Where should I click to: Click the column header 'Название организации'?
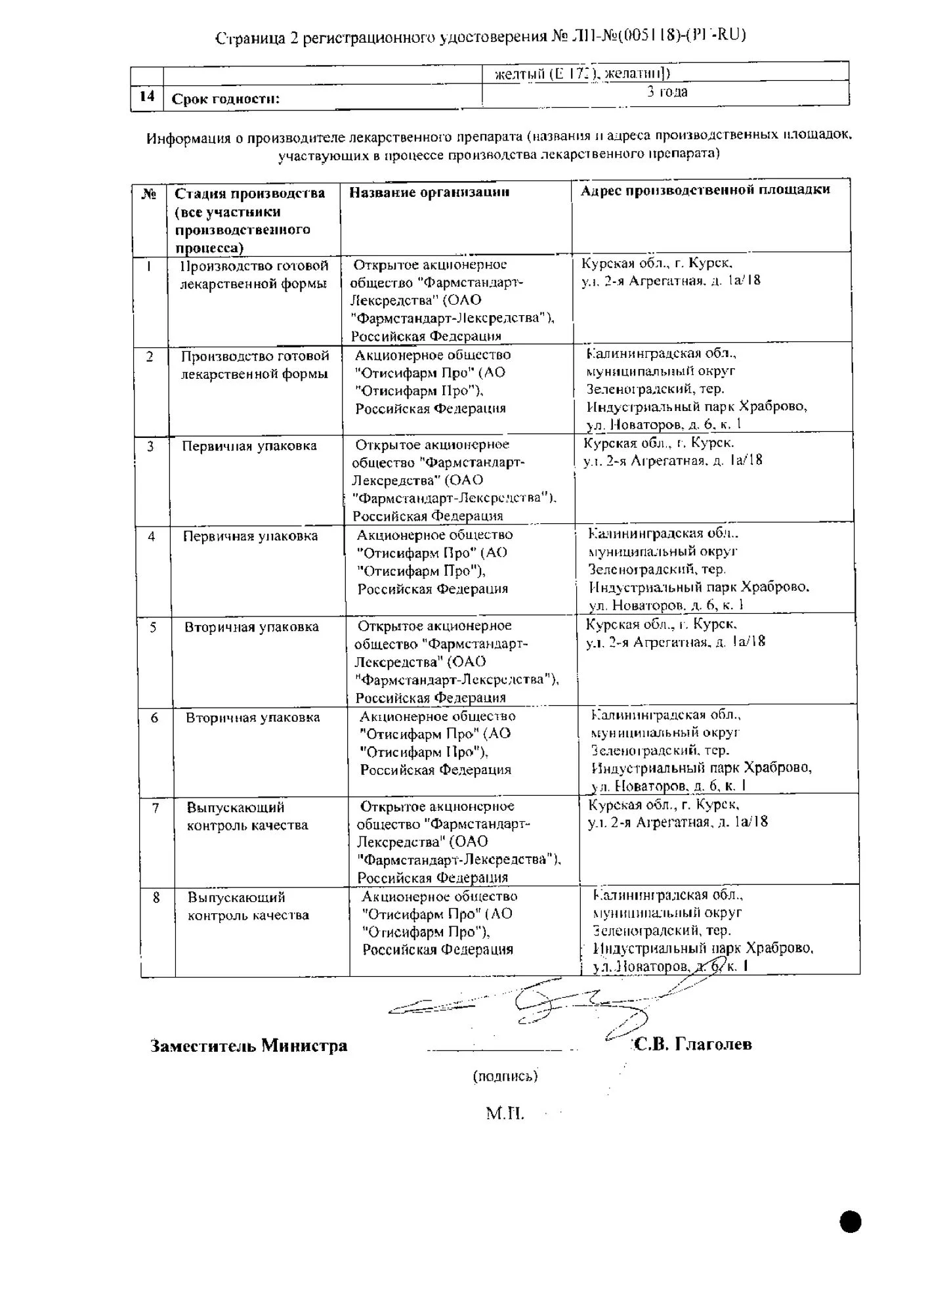pyautogui.click(x=429, y=192)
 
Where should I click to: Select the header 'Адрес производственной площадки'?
pyautogui.click(x=706, y=190)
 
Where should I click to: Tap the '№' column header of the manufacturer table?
pyautogui.click(x=149, y=194)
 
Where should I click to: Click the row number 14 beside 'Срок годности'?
pyautogui.click(x=147, y=97)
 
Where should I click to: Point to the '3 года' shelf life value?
pyautogui.click(x=667, y=92)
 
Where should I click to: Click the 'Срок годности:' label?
pyautogui.click(x=226, y=99)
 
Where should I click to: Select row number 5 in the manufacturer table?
pyautogui.click(x=153, y=627)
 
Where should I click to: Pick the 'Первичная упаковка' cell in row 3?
pyautogui.click(x=249, y=446)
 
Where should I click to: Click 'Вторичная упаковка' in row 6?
pyautogui.click(x=253, y=718)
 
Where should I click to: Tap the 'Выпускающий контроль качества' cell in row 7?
pyautogui.click(x=247, y=816)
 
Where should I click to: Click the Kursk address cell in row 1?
pyautogui.click(x=671, y=272)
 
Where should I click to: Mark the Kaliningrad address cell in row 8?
pyautogui.click(x=703, y=930)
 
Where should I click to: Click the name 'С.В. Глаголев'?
pyautogui.click(x=693, y=1044)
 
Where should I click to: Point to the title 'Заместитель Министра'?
pyautogui.click(x=249, y=1046)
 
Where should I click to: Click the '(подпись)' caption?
pyautogui.click(x=505, y=1076)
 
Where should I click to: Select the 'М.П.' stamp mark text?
pyautogui.click(x=505, y=1113)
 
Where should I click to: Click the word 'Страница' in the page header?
pyautogui.click(x=249, y=39)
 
